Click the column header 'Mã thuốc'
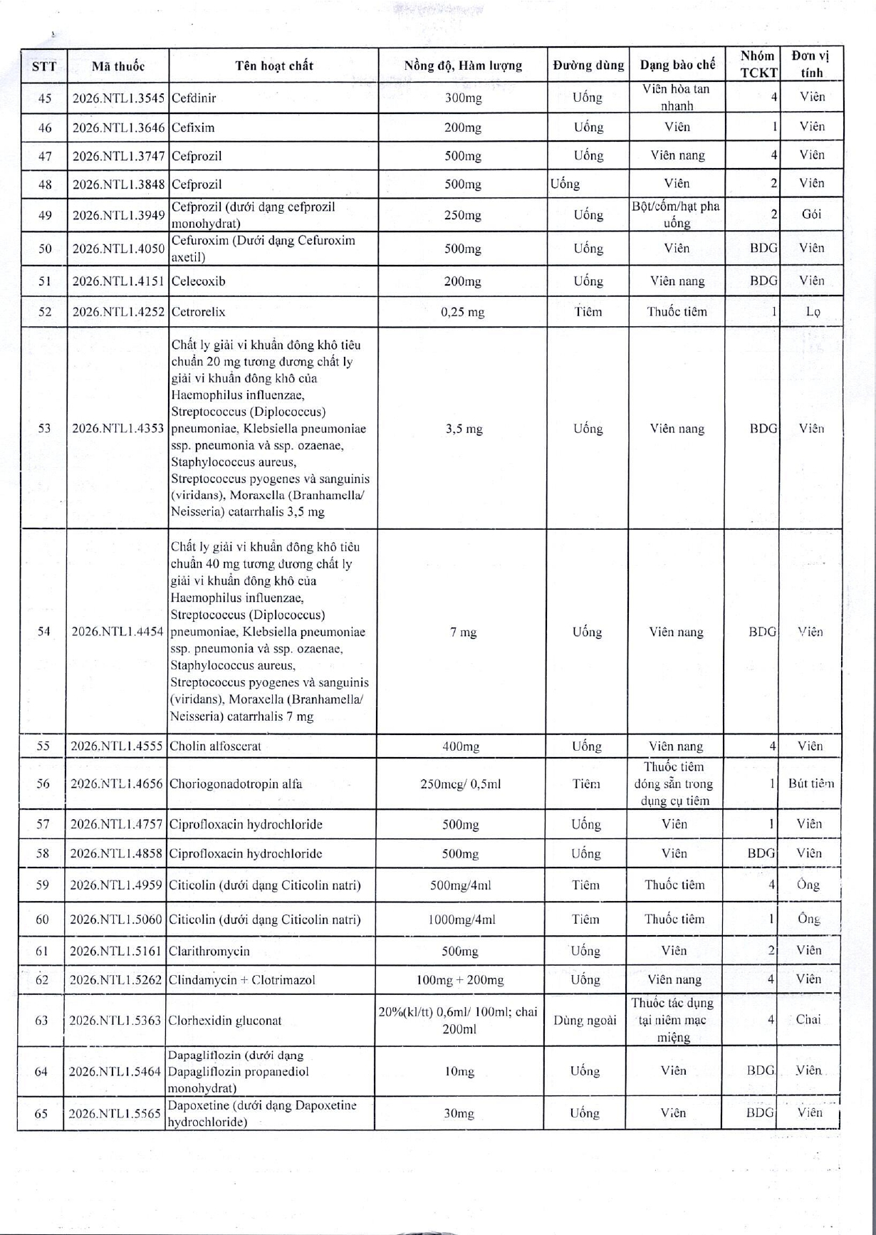[x=118, y=66]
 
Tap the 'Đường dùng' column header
[x=588, y=66]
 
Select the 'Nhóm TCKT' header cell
[x=758, y=64]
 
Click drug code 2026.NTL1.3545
[x=118, y=98]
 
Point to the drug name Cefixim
[x=193, y=127]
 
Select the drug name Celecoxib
[x=198, y=281]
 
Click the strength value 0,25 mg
[x=463, y=312]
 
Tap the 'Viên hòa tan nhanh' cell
[x=676, y=98]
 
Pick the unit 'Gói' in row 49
[x=811, y=214]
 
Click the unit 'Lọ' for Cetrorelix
[x=812, y=312]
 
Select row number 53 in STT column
[x=44, y=428]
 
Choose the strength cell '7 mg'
[x=463, y=632]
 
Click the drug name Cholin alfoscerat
[x=215, y=746]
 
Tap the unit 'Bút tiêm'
[x=810, y=783]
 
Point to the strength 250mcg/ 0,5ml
[x=460, y=784]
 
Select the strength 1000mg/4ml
[x=461, y=919]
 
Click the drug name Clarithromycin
[x=209, y=951]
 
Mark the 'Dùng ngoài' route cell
[x=585, y=1021]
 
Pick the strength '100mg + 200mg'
[x=460, y=980]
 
